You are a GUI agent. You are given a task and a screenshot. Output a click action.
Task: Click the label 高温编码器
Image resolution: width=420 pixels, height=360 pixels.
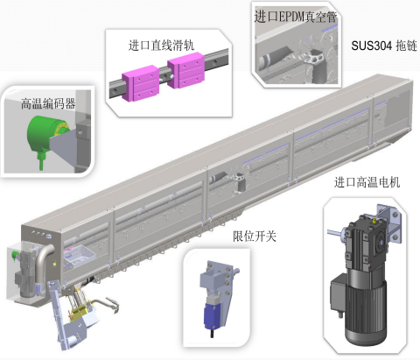48,103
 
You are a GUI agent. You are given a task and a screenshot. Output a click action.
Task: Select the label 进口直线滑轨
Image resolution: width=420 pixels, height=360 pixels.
161,46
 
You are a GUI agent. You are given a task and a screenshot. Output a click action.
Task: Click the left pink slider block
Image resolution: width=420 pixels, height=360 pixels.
140,83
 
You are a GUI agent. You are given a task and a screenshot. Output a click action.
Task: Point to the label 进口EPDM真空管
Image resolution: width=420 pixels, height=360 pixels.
296,17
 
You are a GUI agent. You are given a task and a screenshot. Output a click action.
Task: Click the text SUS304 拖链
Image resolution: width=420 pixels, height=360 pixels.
384,46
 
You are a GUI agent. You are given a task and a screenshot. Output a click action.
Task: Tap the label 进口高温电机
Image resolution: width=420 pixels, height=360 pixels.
367,182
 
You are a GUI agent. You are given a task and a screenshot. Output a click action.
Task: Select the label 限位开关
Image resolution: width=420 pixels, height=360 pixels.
255,236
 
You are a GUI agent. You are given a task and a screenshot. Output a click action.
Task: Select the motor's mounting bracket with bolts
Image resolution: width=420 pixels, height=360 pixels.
388,222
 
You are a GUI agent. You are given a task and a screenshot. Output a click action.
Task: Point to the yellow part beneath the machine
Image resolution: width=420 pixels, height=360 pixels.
78,313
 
